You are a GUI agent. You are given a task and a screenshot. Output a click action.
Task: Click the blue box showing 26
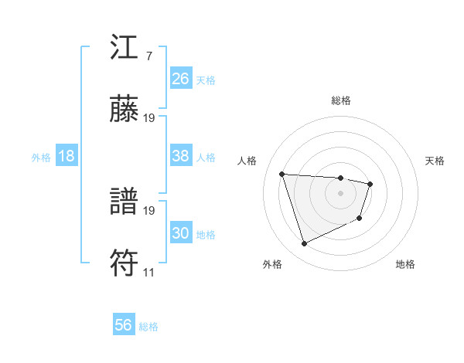click(181, 79)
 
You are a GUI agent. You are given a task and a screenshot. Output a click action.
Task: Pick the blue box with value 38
click(181, 156)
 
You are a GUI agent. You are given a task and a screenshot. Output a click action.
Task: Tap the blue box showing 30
click(181, 233)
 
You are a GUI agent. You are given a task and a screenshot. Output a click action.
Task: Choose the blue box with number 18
click(67, 156)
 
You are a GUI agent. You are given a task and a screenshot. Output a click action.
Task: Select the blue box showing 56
click(124, 325)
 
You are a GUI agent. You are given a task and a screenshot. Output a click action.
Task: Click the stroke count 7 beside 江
click(148, 56)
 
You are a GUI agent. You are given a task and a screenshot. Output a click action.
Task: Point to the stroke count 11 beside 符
click(148, 272)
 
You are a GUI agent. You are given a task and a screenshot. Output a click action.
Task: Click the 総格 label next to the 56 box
click(148, 327)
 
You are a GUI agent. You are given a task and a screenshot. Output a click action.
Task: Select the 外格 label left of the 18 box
click(41, 158)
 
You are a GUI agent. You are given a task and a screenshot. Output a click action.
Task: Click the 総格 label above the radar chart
click(341, 100)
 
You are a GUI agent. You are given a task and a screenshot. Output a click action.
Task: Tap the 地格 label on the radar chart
click(405, 264)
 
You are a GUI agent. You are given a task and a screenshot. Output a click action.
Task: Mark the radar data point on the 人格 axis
click(282, 174)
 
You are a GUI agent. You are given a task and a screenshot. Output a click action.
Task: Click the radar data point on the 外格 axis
click(304, 244)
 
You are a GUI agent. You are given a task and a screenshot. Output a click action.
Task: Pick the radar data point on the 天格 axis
click(371, 184)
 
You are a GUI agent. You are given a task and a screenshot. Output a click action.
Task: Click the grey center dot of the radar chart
click(341, 193)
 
